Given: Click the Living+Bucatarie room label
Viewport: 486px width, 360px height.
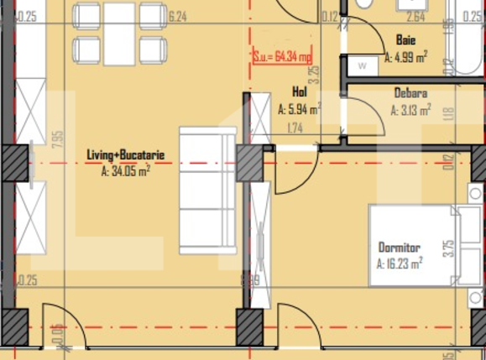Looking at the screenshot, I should point(125,154).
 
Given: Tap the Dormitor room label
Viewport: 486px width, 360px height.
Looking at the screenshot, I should point(399,248).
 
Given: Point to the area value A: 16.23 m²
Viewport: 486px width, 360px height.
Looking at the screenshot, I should point(399,262).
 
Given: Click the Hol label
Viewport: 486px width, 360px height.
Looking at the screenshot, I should point(299,92).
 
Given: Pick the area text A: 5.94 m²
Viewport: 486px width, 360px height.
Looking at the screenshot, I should point(299,107).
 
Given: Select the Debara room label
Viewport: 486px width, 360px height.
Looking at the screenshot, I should point(410,93).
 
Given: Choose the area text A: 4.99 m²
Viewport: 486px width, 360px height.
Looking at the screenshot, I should point(407,58).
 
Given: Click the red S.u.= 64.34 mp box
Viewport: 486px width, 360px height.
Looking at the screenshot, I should point(282,57).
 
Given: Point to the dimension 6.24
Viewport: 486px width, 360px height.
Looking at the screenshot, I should point(177,15).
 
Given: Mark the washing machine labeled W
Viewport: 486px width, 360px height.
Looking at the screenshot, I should point(362,65).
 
